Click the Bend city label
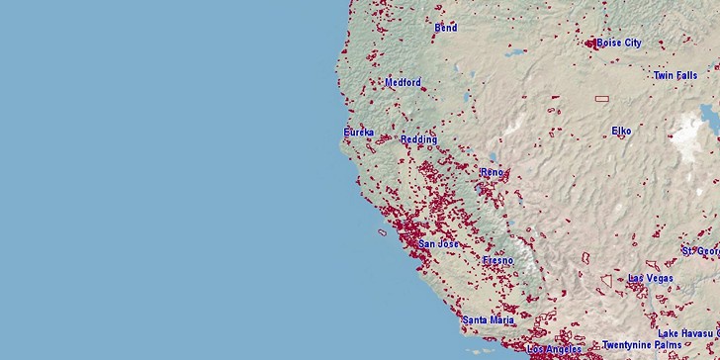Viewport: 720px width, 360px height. click(x=446, y=28)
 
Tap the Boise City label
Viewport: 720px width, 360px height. click(x=618, y=43)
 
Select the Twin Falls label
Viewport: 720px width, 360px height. click(x=675, y=75)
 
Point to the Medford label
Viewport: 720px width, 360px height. click(x=403, y=82)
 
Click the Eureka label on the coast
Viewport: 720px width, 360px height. click(x=359, y=132)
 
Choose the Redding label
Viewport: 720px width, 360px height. click(x=418, y=139)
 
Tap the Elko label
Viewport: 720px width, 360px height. click(x=621, y=131)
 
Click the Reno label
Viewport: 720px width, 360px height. click(x=492, y=172)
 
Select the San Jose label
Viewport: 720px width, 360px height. click(x=438, y=243)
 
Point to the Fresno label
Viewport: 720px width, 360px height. click(x=497, y=260)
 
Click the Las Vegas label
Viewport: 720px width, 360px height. click(x=651, y=278)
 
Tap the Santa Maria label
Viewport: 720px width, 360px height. click(x=488, y=320)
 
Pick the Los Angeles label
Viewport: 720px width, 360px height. click(x=555, y=349)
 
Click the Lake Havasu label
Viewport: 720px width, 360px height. click(x=687, y=333)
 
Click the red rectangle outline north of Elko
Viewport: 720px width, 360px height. click(x=601, y=99)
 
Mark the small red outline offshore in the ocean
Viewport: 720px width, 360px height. click(x=382, y=232)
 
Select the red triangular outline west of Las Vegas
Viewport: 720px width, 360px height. click(x=605, y=281)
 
